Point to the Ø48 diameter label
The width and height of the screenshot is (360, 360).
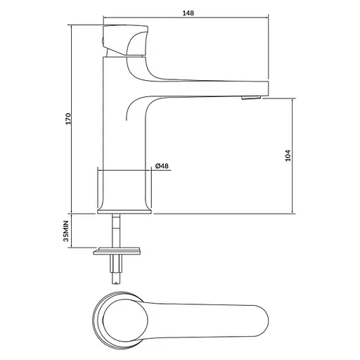161,166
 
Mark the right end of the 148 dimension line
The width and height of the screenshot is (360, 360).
270,19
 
